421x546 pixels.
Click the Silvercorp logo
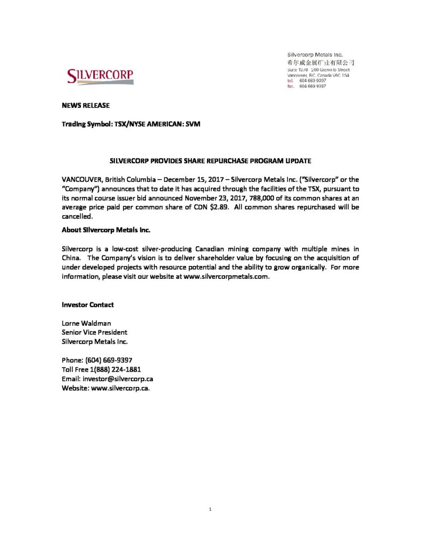100,77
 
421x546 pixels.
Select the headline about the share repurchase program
210,160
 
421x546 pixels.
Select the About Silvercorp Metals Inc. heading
106,230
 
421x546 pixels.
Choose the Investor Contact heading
88,305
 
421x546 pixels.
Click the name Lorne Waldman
87,323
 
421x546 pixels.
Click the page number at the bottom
211,509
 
